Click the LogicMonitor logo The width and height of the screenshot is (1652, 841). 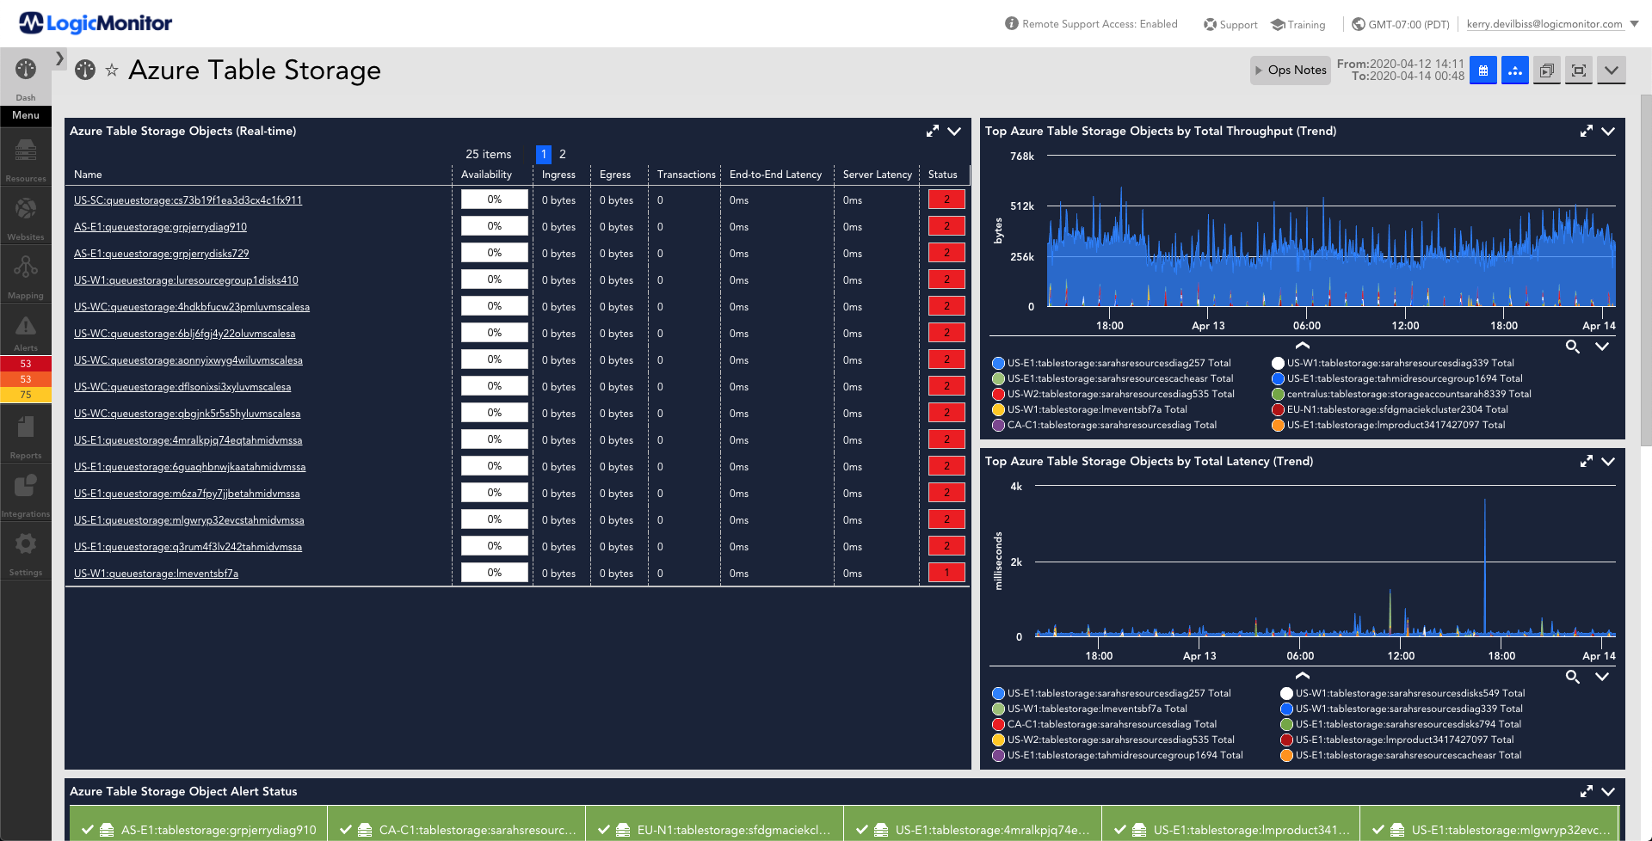[x=96, y=23]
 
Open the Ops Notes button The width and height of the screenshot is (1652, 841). [x=1291, y=71]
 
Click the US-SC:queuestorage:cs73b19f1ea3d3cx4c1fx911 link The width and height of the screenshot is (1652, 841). [x=188, y=200]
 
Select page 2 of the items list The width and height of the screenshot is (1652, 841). [x=563, y=154]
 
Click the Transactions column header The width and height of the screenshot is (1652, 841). [x=686, y=175]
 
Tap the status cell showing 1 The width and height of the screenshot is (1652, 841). [x=946, y=573]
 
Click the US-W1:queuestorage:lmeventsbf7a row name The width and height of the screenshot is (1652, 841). [x=156, y=574]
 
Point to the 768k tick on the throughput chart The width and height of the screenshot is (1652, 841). [x=1022, y=157]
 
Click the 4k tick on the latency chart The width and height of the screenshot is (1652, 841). [x=1016, y=487]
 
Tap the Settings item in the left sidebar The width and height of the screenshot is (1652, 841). [x=26, y=553]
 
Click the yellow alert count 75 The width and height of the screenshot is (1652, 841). [x=26, y=395]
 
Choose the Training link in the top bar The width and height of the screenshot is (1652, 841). [x=1298, y=24]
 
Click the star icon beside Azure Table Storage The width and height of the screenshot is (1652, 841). [x=112, y=71]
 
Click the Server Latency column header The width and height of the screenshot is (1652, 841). [x=877, y=175]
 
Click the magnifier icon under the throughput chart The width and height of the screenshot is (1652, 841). [x=1572, y=347]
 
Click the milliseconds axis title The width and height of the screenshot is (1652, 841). [x=998, y=562]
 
